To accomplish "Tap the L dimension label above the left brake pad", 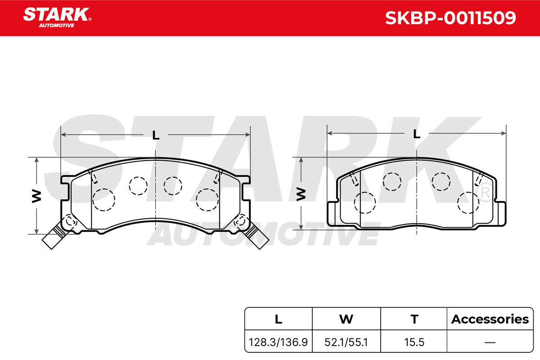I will click(156, 135).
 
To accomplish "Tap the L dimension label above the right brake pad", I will click(417, 134).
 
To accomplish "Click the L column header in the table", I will click(278, 319).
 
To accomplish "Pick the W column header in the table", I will click(346, 319).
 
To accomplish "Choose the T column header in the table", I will click(414, 319).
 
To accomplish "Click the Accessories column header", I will click(490, 319).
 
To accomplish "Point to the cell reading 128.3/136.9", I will click(278, 342).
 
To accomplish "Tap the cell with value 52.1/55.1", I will click(346, 342).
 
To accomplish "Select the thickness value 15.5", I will click(414, 342).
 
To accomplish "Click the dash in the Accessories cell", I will click(490, 342).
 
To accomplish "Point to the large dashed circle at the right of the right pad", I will click(468, 202).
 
